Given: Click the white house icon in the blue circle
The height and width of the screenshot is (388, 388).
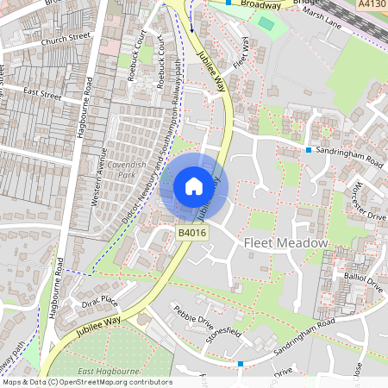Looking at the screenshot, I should pos(193,185).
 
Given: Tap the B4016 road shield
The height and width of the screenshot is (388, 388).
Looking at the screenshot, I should pos(191,233).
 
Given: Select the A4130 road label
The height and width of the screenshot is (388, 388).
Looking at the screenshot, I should pos(372,4).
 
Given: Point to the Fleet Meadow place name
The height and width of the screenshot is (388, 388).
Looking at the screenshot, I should pos(287,243).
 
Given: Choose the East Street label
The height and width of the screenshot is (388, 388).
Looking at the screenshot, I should pos(43,91).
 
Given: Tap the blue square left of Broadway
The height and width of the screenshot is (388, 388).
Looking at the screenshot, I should pos(228,3).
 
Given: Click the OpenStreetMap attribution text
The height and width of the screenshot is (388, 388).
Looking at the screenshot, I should pos(86,382).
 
